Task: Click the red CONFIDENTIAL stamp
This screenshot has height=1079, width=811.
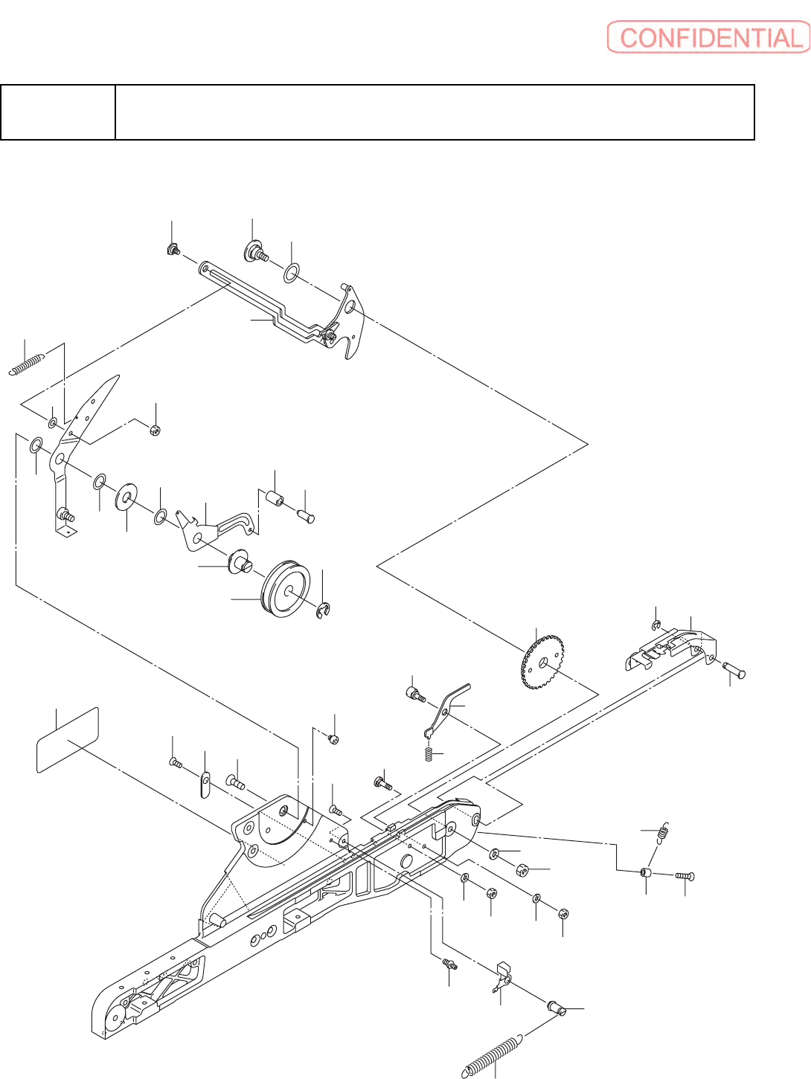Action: coord(708,37)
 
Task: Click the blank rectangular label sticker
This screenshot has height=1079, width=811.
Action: coord(68,739)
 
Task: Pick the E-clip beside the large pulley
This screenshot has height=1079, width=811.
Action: coord(324,611)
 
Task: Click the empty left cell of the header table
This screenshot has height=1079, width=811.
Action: coord(58,112)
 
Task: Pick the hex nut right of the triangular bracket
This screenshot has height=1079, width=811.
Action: coord(155,429)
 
